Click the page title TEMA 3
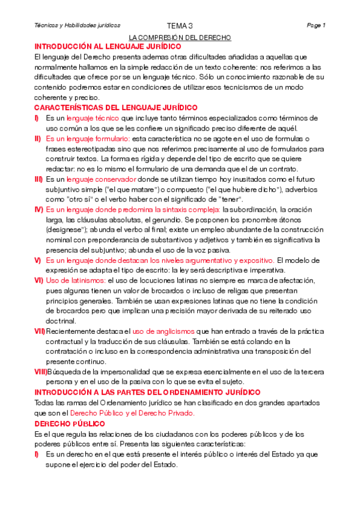[x=180, y=26]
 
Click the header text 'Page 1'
[x=316, y=26]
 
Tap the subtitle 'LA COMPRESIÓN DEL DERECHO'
[x=180, y=37]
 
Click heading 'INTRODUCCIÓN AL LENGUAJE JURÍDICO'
[x=108, y=46]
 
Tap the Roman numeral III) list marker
[x=38, y=179]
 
